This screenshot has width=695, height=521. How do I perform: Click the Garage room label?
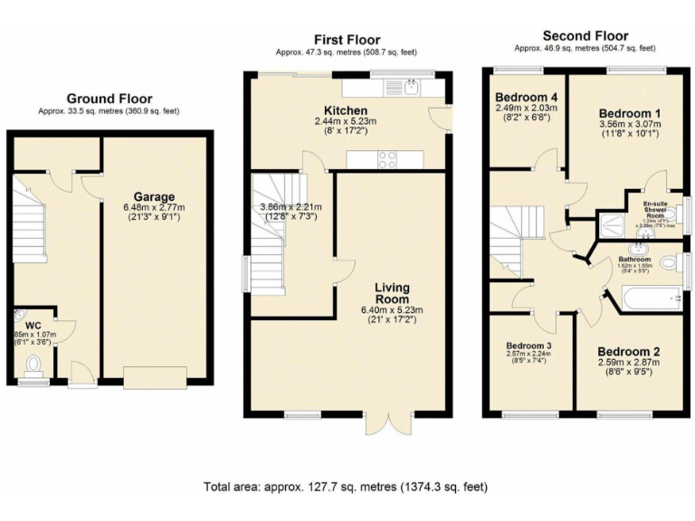tap(154, 196)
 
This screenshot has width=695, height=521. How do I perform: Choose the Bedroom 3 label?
tap(528, 346)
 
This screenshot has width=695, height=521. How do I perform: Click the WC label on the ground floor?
tap(33, 324)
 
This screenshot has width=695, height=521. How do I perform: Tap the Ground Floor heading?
tap(109, 99)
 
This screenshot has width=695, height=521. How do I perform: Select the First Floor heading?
tap(346, 39)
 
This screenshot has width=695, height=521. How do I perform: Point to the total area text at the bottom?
tap(346, 487)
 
